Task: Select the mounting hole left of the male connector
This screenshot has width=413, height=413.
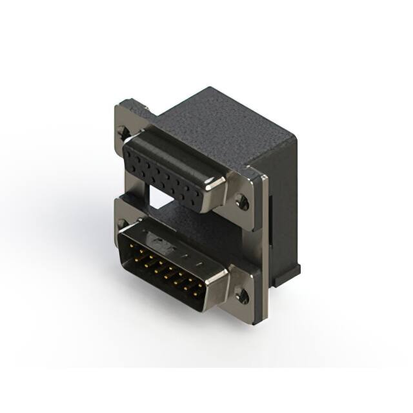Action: coord(123,224)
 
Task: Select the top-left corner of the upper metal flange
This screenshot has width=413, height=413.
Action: coord(119,103)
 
